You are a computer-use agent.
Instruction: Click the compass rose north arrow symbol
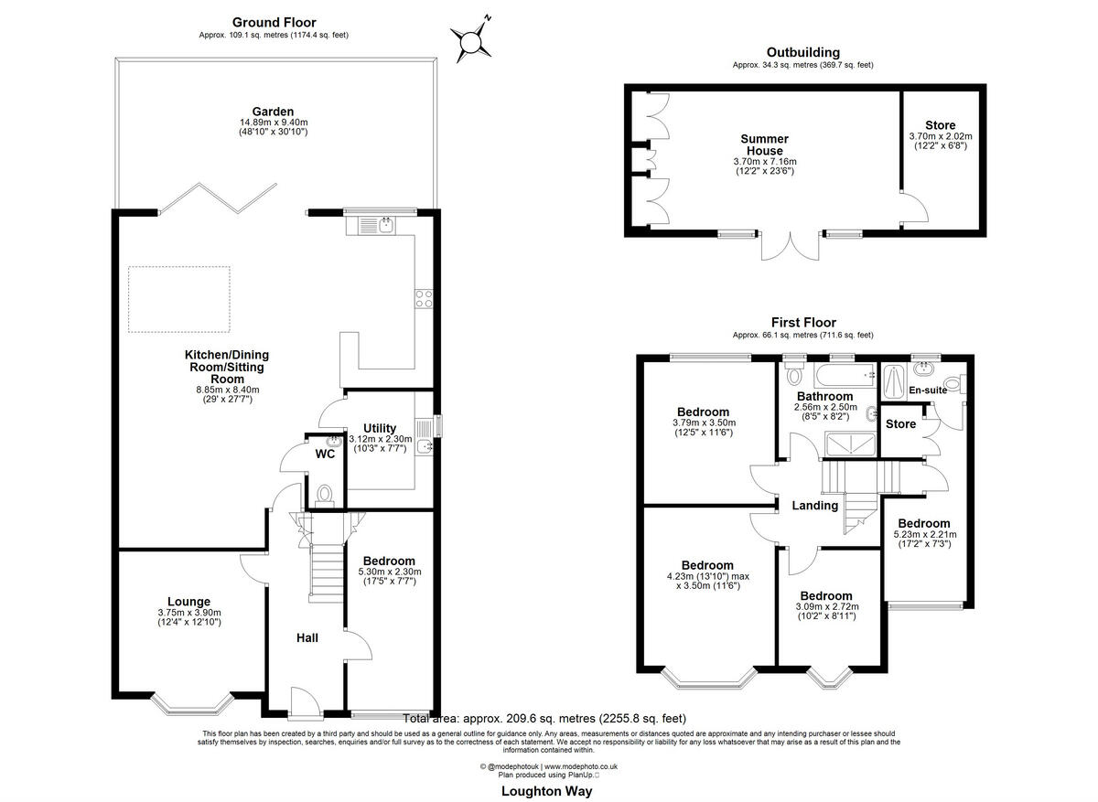472,39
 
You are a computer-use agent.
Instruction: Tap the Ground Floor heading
274,23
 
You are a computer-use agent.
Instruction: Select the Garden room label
274,112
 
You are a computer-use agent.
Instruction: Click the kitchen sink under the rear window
385,223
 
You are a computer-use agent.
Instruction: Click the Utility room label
379,428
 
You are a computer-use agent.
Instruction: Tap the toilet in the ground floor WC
323,495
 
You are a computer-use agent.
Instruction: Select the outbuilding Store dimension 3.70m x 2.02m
940,136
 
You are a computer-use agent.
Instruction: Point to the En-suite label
928,390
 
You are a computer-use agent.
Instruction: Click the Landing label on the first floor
814,506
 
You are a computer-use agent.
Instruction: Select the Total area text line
544,719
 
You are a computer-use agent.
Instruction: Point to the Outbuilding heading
802,53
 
